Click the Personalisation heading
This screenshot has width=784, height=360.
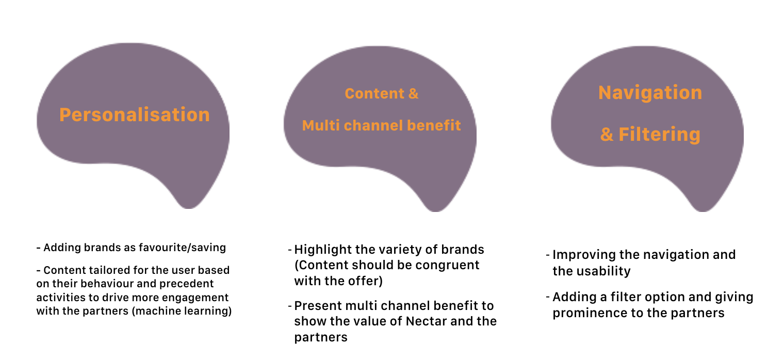coord(135,115)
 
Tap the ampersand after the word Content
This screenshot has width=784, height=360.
coord(413,94)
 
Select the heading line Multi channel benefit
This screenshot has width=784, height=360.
coord(381,125)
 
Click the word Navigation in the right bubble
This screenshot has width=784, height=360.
coord(650,93)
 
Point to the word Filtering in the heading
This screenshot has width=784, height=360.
coord(659,134)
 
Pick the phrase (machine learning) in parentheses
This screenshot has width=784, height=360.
coord(182,311)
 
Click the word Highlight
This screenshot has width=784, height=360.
coord(323,250)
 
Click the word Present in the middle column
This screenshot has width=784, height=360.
coord(318,306)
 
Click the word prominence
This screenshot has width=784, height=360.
coord(590,313)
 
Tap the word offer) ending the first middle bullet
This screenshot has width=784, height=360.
coord(367,281)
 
